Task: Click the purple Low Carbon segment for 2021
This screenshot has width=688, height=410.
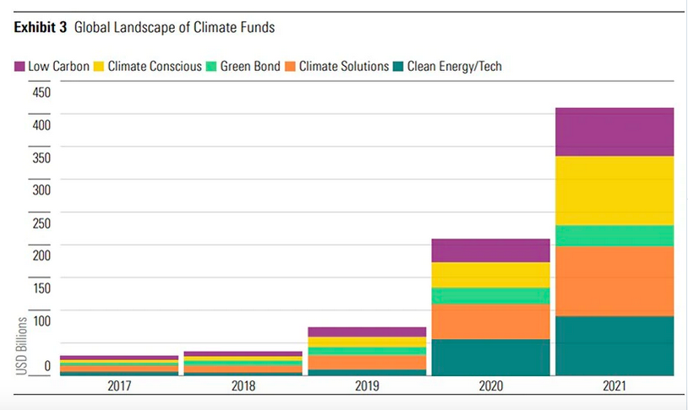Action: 614,132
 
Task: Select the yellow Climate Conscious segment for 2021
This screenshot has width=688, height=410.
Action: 614,190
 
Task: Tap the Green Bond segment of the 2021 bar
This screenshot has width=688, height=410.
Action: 614,235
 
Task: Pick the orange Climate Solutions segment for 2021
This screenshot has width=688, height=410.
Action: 614,281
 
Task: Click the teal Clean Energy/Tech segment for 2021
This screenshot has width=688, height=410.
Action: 614,345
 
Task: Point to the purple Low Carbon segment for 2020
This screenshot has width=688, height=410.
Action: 490,250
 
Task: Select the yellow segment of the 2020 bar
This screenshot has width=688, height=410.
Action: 490,275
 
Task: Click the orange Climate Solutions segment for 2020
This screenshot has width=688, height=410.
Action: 490,321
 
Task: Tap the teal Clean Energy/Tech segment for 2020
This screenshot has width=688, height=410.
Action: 490,357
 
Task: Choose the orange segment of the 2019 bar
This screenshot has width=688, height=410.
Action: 367,362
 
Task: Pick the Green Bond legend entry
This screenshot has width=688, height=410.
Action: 241,66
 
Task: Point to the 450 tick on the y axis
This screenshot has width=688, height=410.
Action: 42,92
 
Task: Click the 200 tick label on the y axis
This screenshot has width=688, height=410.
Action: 42,254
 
